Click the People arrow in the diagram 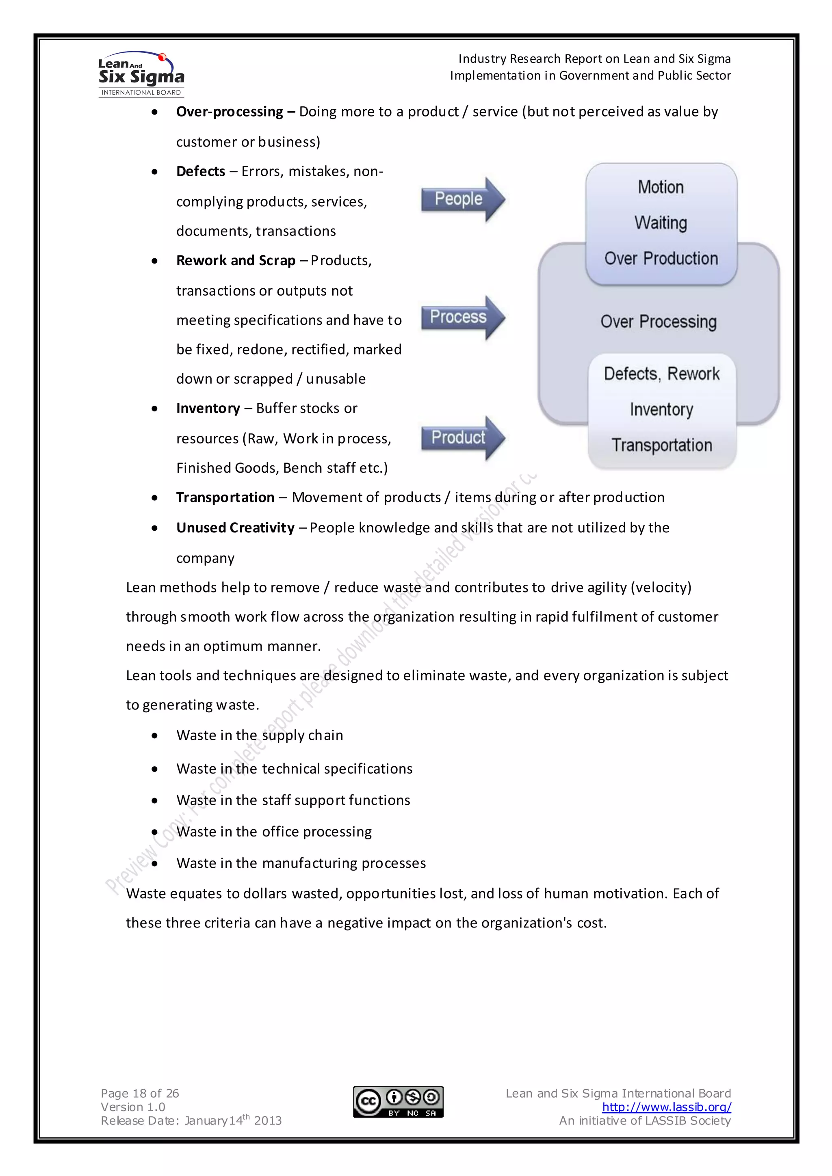pyautogui.click(x=461, y=199)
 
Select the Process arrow pyautogui.click(x=461, y=318)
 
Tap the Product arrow pyautogui.click(x=461, y=438)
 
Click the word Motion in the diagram pyautogui.click(x=661, y=187)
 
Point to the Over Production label pyautogui.click(x=661, y=258)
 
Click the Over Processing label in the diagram pyautogui.click(x=658, y=322)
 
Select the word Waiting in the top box pyautogui.click(x=661, y=223)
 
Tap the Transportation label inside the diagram pyautogui.click(x=661, y=445)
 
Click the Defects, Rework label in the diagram pyautogui.click(x=661, y=374)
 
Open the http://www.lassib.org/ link pyautogui.click(x=666, y=1107)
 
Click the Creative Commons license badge pyautogui.click(x=398, y=1101)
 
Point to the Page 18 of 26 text pyautogui.click(x=140, y=1093)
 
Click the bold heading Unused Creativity pyautogui.click(x=235, y=527)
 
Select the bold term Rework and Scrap pyautogui.click(x=236, y=261)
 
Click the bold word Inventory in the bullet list pyautogui.click(x=208, y=408)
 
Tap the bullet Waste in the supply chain pyautogui.click(x=260, y=735)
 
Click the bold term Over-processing pyautogui.click(x=230, y=112)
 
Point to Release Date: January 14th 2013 pyautogui.click(x=191, y=1121)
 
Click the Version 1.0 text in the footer pyautogui.click(x=133, y=1107)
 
